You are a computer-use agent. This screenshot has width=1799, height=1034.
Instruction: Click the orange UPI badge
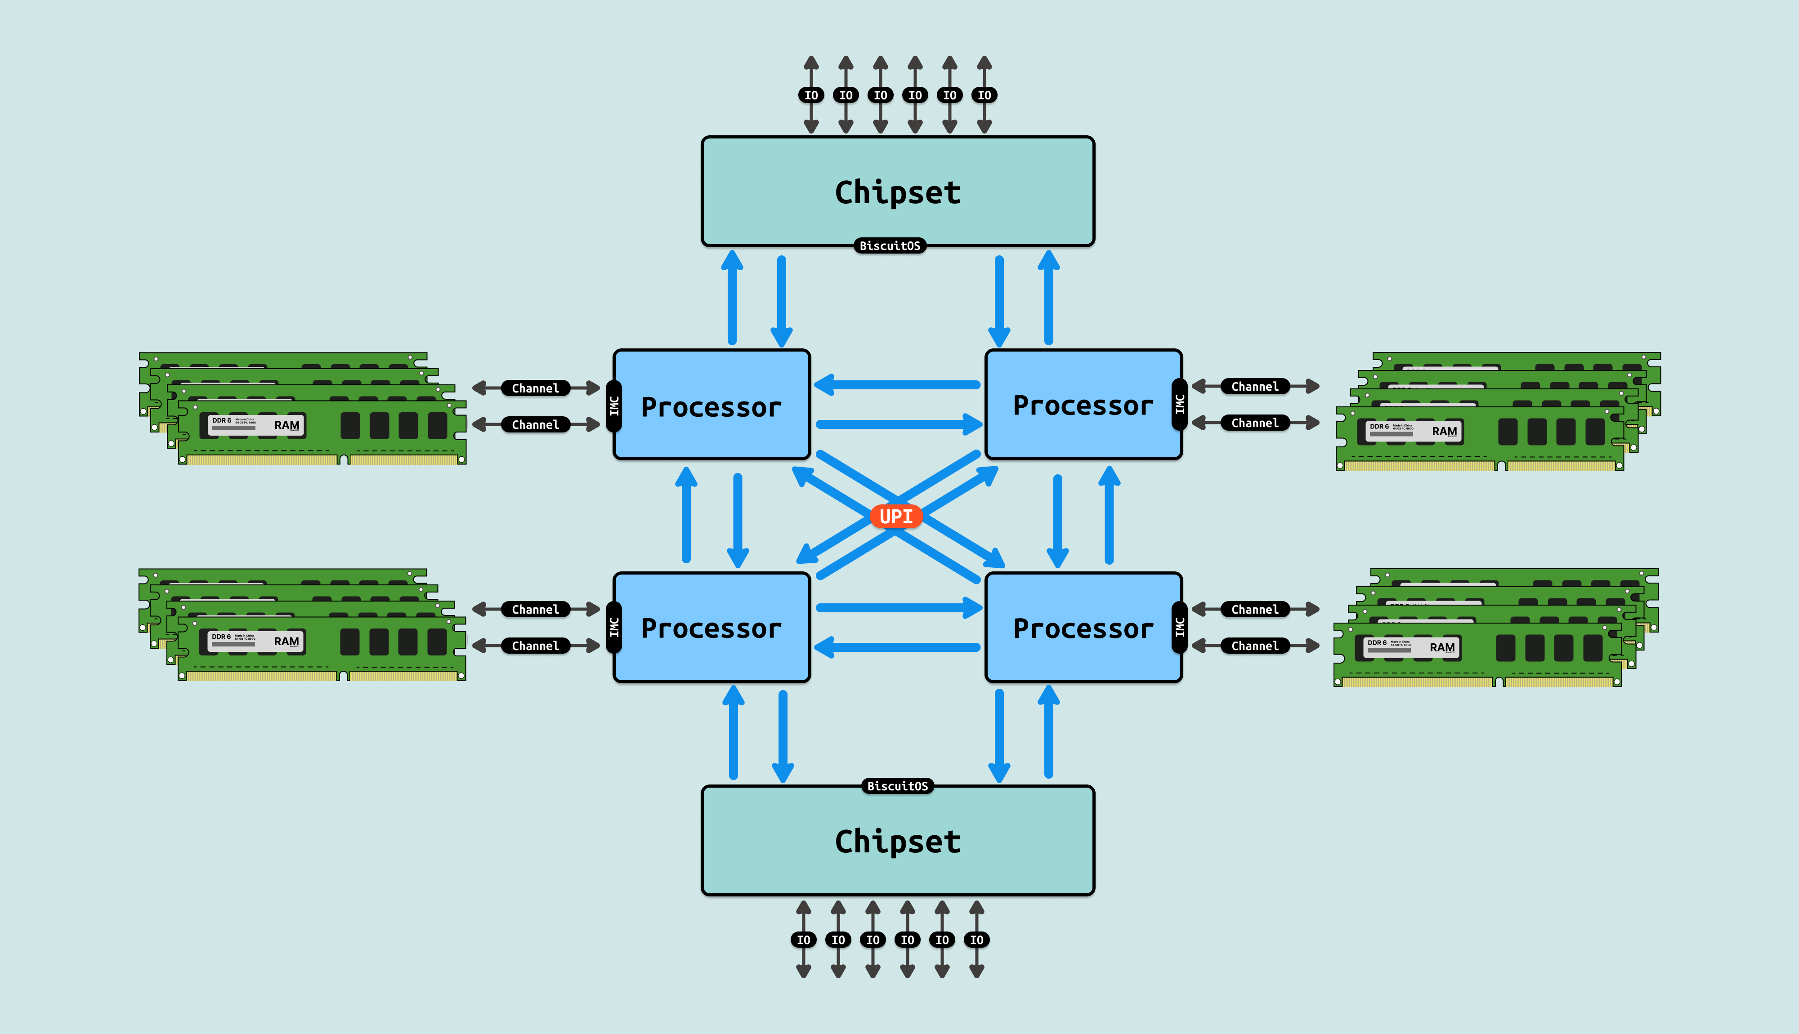[x=896, y=516]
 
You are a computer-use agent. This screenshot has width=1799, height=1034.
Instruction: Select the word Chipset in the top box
[x=898, y=192]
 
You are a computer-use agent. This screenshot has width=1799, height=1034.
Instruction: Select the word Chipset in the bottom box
[x=898, y=842]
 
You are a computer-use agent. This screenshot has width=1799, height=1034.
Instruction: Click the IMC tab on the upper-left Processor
[x=614, y=406]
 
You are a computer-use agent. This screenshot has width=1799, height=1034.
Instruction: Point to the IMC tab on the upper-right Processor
[x=1180, y=405]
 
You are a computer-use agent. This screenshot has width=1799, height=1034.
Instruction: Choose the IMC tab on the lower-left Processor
[x=614, y=627]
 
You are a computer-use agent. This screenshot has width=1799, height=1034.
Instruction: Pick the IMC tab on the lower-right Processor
[x=1180, y=627]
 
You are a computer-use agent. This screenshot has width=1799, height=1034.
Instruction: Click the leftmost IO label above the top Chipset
[x=811, y=95]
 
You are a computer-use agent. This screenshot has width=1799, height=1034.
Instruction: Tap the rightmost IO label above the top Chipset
[x=985, y=95]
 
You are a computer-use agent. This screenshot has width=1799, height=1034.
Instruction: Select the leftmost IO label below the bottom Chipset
[x=803, y=940]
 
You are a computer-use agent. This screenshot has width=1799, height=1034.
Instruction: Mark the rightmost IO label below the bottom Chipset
[x=976, y=940]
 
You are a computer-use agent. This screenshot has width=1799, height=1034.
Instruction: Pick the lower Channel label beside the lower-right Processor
[x=1254, y=646]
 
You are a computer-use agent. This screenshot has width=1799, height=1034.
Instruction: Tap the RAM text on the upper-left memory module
[x=287, y=425]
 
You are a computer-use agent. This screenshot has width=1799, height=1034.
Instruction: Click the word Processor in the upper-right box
[x=1083, y=406]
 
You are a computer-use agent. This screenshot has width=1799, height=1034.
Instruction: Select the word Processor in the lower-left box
[x=711, y=628]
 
